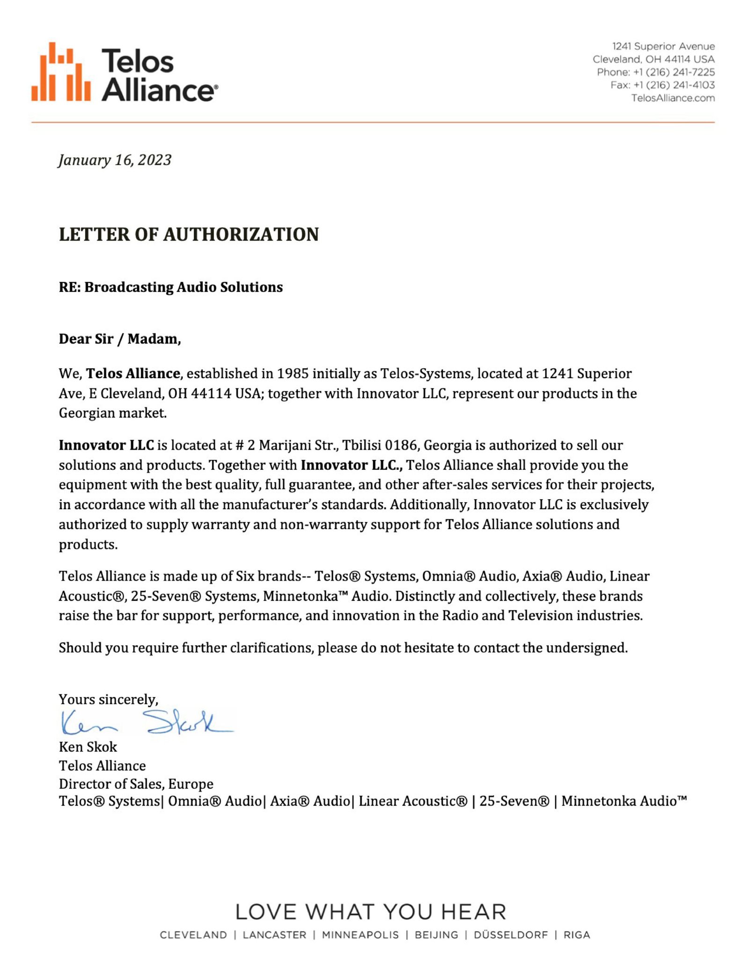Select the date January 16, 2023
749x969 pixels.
(115, 160)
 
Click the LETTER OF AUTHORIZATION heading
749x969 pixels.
(189, 234)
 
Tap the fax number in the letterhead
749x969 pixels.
(662, 85)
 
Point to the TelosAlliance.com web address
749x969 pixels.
(673, 98)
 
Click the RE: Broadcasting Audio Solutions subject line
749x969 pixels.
(170, 287)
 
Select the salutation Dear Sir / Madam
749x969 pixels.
(120, 339)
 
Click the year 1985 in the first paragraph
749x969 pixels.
(293, 373)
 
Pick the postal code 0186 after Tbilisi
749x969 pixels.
(400, 445)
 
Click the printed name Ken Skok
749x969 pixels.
(88, 747)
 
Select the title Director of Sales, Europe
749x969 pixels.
(136, 784)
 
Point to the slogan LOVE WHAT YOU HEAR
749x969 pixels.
(371, 912)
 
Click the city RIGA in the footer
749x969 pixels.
(577, 935)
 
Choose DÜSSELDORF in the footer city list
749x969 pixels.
(511, 935)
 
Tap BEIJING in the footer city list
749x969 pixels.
(436, 935)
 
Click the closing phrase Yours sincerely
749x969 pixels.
(108, 699)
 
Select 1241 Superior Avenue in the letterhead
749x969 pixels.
(663, 46)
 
